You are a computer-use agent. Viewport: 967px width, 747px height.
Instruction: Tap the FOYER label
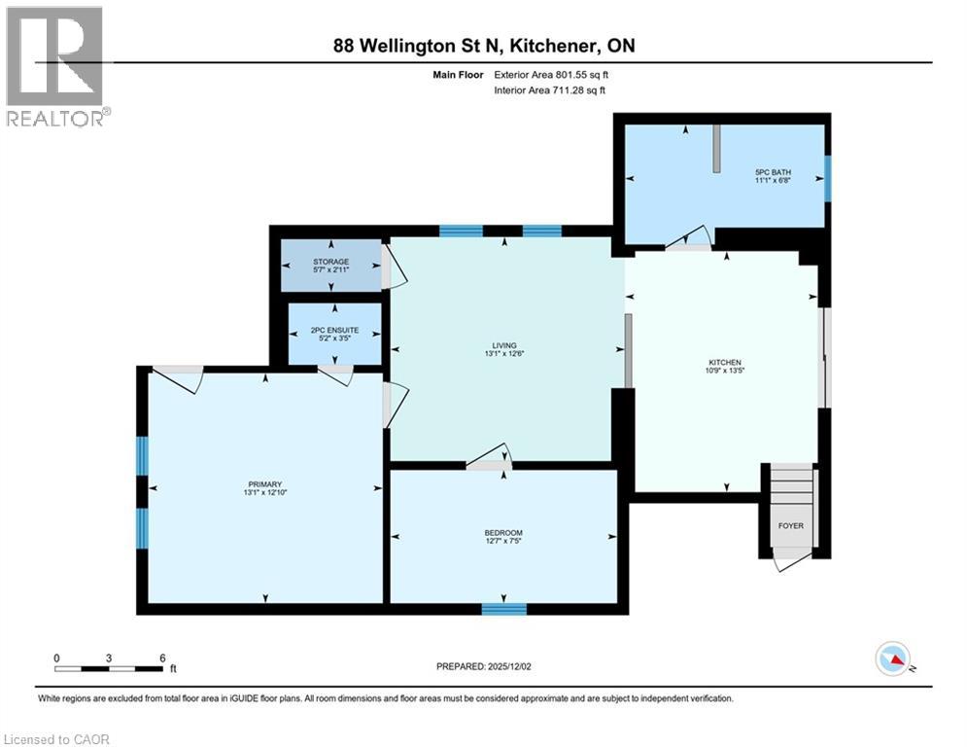pyautogui.click(x=791, y=526)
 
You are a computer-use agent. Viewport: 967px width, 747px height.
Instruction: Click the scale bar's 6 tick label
pyautogui.click(x=162, y=658)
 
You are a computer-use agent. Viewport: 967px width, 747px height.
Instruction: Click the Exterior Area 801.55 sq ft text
pyautogui.click(x=552, y=74)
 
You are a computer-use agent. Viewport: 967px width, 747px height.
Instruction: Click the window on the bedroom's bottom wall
pyautogui.click(x=504, y=610)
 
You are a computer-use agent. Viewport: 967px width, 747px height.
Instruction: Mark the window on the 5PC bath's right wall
pyautogui.click(x=828, y=175)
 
